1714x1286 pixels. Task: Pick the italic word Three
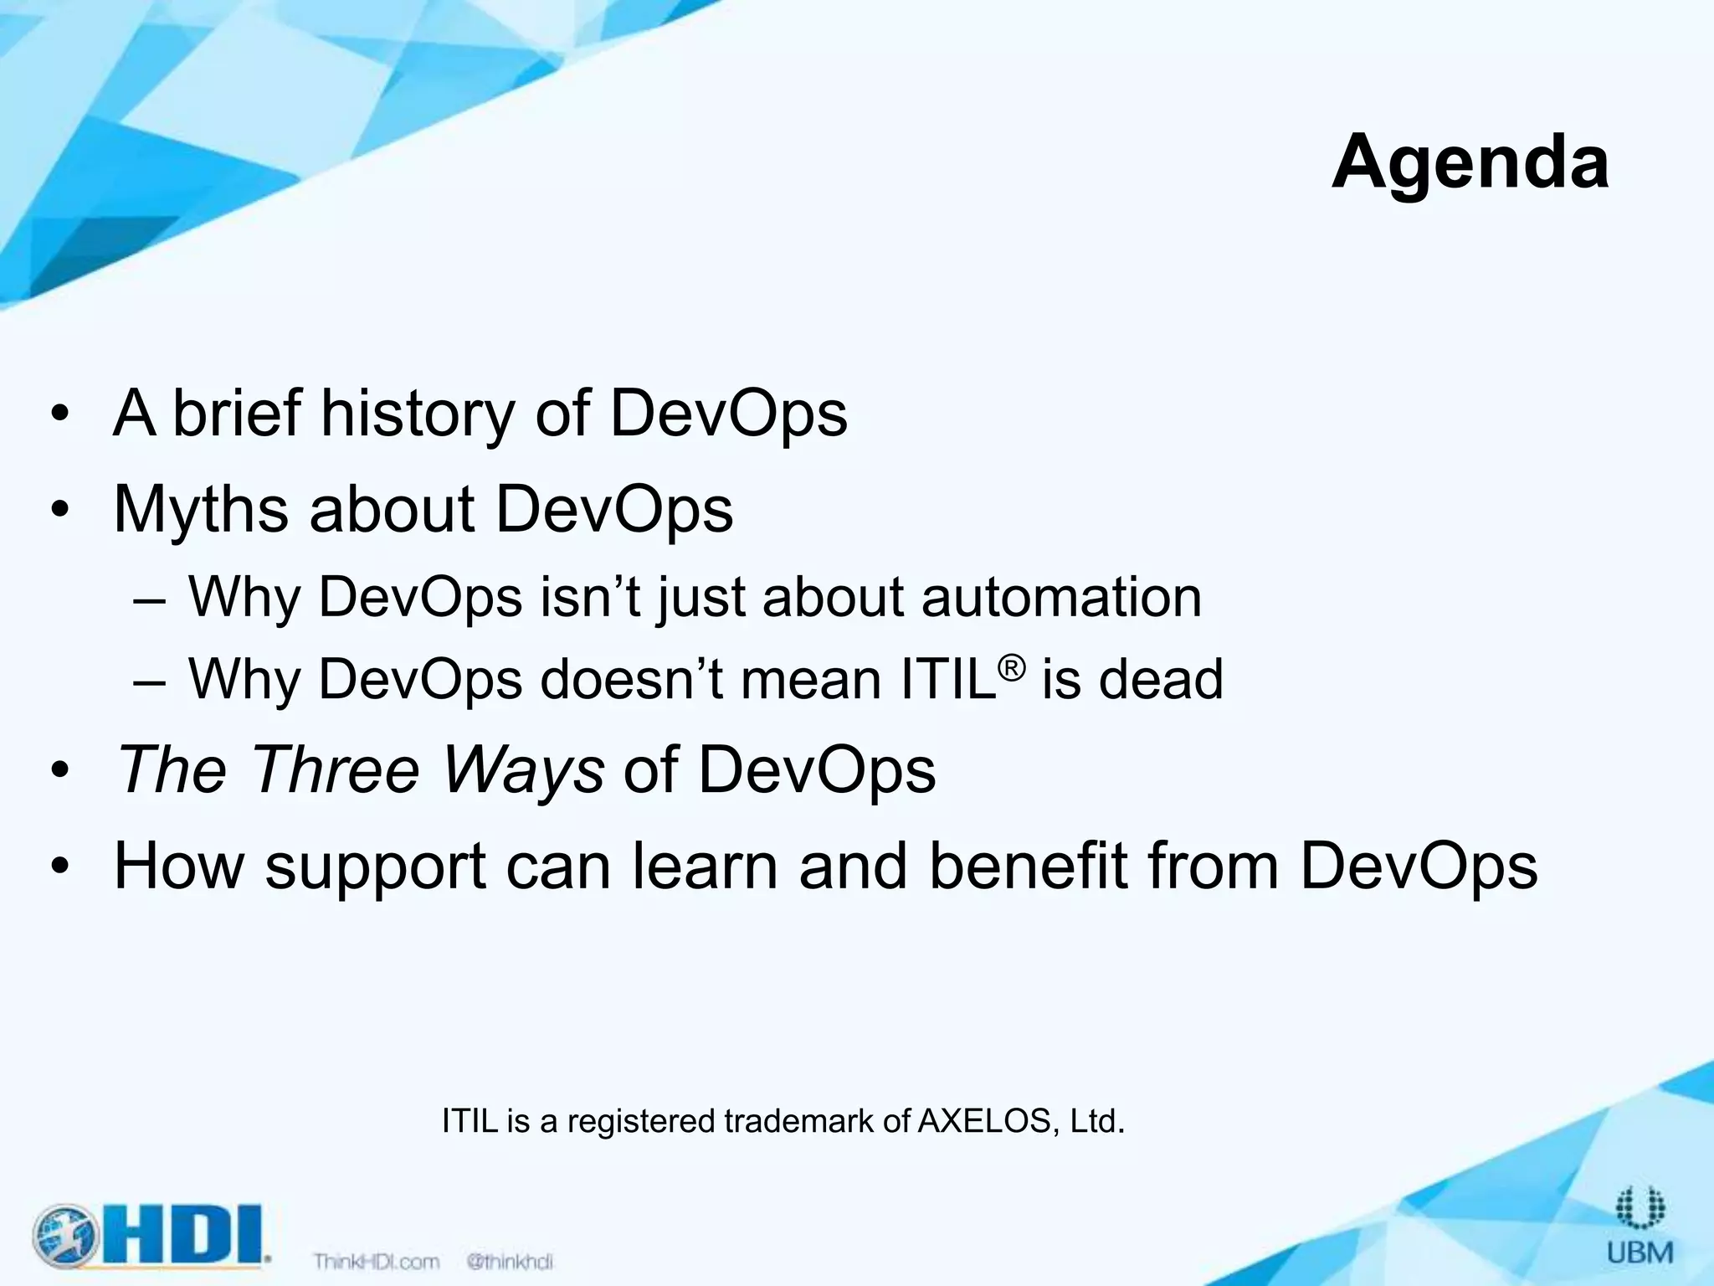[x=335, y=769]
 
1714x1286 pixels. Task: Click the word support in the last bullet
[x=375, y=867]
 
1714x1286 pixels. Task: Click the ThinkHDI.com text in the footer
[x=377, y=1261]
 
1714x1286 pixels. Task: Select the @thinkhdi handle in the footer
[x=510, y=1261]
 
